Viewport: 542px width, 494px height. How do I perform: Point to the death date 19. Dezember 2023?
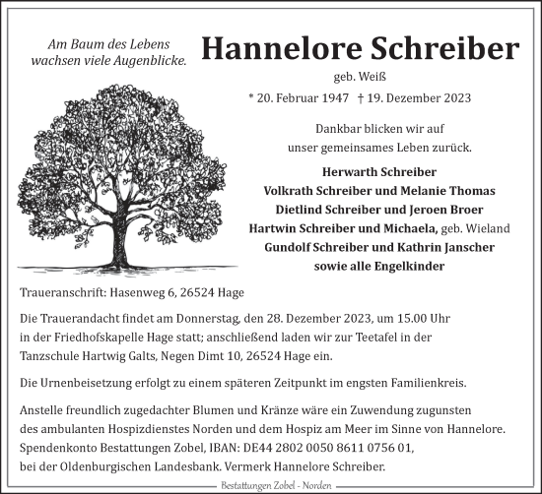click(x=419, y=98)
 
